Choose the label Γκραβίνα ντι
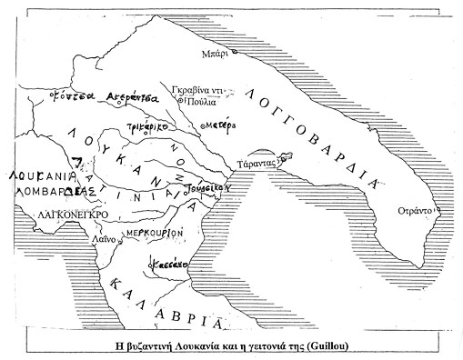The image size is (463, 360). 197,91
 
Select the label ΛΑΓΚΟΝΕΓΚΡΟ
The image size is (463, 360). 75,215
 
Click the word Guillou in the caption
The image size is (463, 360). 337,345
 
